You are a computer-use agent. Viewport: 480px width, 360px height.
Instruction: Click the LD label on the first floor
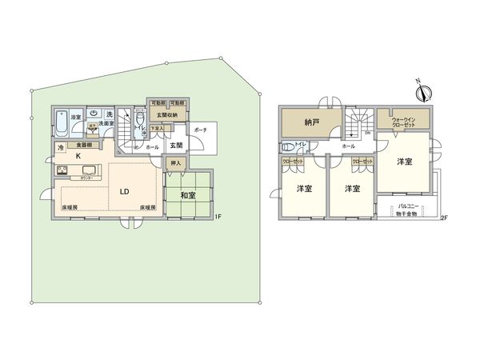pyautogui.click(x=125, y=192)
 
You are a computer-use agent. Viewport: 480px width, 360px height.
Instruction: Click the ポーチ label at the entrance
pyautogui.click(x=201, y=130)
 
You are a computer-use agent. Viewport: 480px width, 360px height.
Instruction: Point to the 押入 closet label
pyautogui.click(x=178, y=163)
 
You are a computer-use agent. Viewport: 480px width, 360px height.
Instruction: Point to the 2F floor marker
pyautogui.click(x=444, y=218)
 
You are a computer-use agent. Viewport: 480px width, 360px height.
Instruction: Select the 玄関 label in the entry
pyautogui.click(x=177, y=146)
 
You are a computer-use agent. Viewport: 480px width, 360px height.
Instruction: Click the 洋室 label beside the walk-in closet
pyautogui.click(x=405, y=162)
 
